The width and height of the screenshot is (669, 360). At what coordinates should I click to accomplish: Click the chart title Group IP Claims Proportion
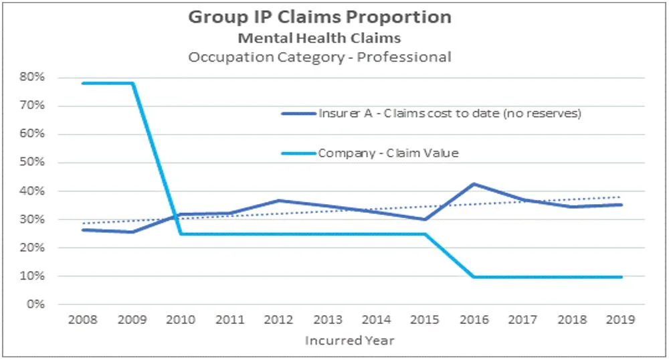[x=320, y=17]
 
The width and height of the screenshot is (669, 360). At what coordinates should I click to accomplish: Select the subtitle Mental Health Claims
[x=320, y=39]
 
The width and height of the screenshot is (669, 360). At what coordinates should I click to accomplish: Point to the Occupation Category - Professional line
[x=320, y=57]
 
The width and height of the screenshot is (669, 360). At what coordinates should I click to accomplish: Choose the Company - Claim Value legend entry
[x=388, y=153]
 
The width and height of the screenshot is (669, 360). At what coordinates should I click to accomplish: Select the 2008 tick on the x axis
[x=83, y=321]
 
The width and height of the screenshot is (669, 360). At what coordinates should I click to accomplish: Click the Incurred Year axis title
[x=350, y=341]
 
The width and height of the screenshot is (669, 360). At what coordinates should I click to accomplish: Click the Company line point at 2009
[x=132, y=83]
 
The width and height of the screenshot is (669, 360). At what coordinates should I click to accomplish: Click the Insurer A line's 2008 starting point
[x=83, y=230]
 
